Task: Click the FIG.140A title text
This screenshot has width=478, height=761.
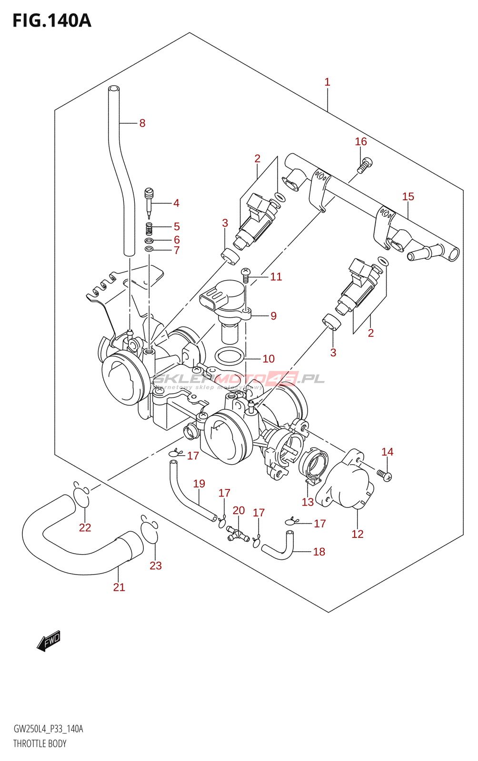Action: tap(51, 20)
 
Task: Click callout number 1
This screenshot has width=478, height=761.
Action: tap(328, 82)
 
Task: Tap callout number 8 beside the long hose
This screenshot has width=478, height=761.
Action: tap(142, 123)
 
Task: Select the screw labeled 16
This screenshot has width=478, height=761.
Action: tap(365, 164)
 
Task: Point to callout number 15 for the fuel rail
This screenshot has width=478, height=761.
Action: tap(408, 196)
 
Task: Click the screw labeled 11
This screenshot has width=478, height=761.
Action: tap(246, 274)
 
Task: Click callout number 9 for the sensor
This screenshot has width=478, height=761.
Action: tap(273, 316)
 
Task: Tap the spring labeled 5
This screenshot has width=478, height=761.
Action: tap(149, 228)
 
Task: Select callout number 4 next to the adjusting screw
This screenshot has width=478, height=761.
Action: tap(176, 203)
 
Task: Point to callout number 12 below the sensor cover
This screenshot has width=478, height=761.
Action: tap(358, 534)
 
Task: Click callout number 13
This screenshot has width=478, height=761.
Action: tap(308, 502)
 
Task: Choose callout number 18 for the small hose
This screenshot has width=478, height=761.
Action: tap(319, 552)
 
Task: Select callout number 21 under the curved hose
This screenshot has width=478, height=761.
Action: tap(119, 587)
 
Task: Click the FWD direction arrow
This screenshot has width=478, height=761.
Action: tap(49, 641)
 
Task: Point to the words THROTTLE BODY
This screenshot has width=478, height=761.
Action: tap(40, 743)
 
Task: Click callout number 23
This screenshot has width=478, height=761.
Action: tap(156, 566)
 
